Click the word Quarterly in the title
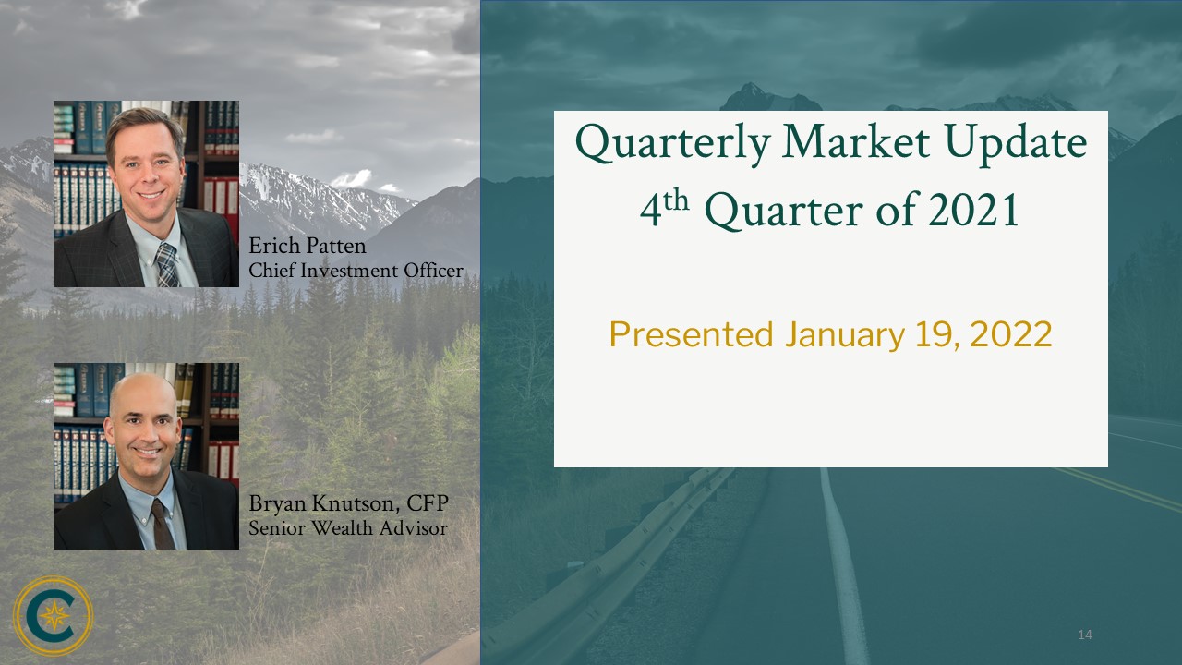click(673, 143)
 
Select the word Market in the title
click(856, 141)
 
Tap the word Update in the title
click(1016, 143)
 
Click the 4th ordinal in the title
click(664, 208)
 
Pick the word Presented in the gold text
click(692, 334)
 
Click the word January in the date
click(845, 335)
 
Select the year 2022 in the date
click(1010, 334)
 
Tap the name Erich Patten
click(308, 246)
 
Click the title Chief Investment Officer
click(356, 271)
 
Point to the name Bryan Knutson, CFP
click(348, 503)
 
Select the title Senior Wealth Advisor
click(348, 527)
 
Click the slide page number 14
click(1085, 635)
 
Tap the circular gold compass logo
click(54, 615)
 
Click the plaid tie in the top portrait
click(167, 265)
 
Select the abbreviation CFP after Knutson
click(428, 503)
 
